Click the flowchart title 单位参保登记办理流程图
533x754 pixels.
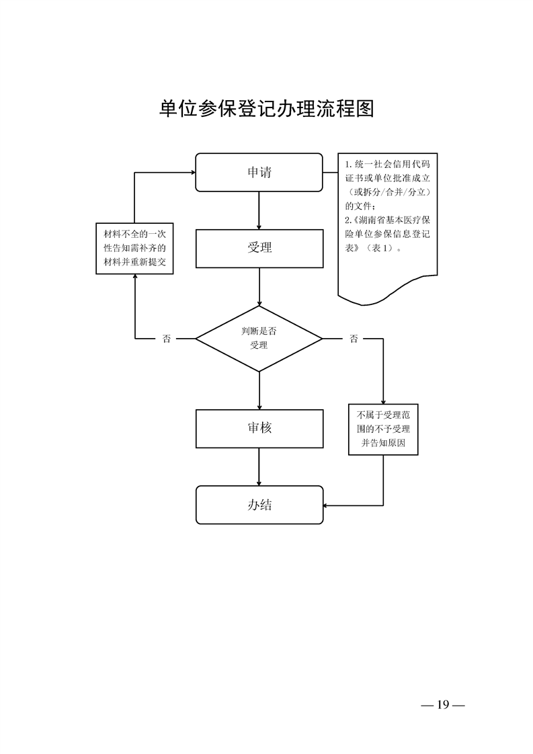click(266, 110)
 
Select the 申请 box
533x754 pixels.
click(259, 172)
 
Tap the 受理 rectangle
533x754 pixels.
click(259, 248)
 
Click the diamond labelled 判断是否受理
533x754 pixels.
click(259, 338)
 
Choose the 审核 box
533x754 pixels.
click(259, 427)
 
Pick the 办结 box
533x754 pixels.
click(259, 505)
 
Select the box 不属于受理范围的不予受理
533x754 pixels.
click(383, 429)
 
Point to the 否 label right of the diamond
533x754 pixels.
click(354, 339)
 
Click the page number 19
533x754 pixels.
click(442, 705)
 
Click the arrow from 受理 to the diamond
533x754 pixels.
click(259, 286)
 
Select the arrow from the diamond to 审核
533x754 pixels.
click(259, 390)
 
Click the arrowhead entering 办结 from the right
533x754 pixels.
click(326, 505)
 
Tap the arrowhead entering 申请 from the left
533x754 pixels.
click(192, 173)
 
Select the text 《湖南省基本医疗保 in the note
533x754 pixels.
click(390, 220)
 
